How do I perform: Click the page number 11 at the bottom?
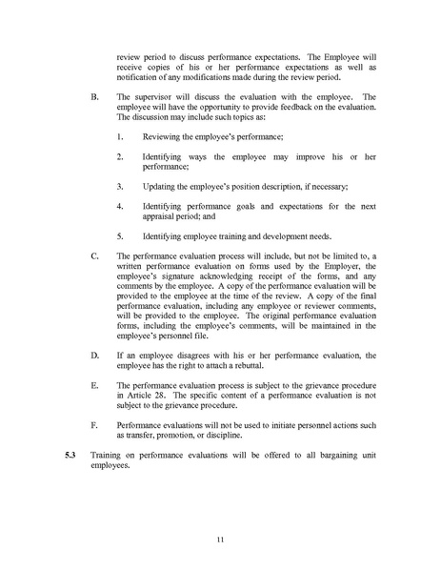tap(219, 540)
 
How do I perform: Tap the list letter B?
tap(91, 97)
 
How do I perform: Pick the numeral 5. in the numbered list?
tap(120, 235)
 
